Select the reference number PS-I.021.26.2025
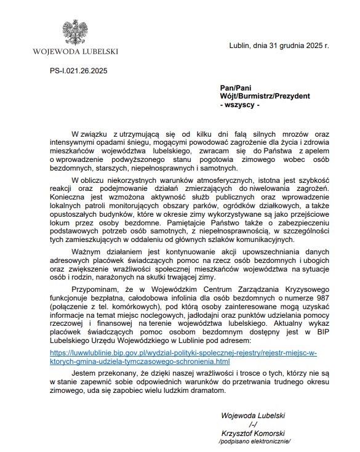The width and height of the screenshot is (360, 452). click(79, 71)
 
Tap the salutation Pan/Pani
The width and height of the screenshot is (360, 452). click(235, 88)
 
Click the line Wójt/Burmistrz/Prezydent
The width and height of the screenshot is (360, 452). click(265, 97)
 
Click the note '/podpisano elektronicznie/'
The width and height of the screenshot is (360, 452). click(254, 442)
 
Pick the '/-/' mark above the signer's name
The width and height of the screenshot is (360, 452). click(252, 424)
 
